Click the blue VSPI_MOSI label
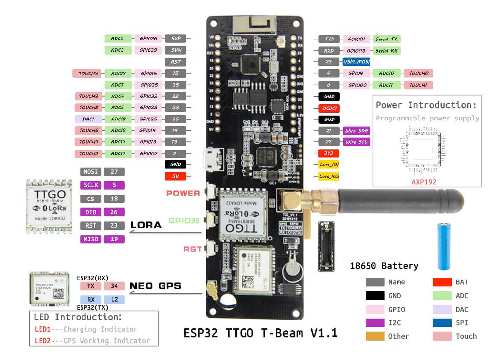356,62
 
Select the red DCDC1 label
329,108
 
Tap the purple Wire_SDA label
356,131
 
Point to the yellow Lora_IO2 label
329,176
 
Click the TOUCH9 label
89,96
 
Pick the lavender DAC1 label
89,119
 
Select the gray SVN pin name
176,50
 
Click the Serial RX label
386,50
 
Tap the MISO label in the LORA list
91,239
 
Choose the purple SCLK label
91,185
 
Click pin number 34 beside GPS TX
114,286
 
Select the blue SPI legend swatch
443,323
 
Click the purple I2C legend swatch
375,323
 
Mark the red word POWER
183,193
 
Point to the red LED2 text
42,341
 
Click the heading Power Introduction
426,105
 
